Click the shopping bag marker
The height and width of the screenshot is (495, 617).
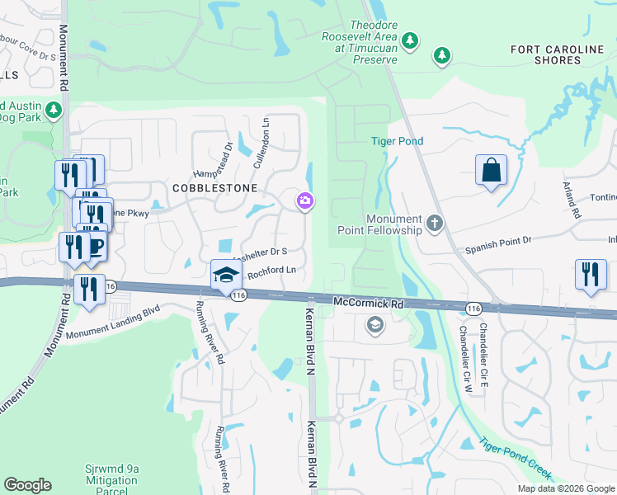tap(491, 171)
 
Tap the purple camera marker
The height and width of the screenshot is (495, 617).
tap(305, 200)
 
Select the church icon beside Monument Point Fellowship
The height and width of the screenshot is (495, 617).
tap(434, 223)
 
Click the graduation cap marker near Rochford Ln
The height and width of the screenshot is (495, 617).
tap(225, 275)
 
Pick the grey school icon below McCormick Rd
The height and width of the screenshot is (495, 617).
tap(375, 326)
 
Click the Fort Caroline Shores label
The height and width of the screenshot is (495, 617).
tap(557, 55)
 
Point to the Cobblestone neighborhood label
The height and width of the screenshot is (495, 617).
tap(207, 188)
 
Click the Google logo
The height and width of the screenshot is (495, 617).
tap(27, 485)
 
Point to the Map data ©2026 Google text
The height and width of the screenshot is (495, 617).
tap(566, 488)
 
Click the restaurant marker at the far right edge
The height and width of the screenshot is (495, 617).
tap(591, 274)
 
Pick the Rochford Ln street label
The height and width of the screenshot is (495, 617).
tap(271, 271)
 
